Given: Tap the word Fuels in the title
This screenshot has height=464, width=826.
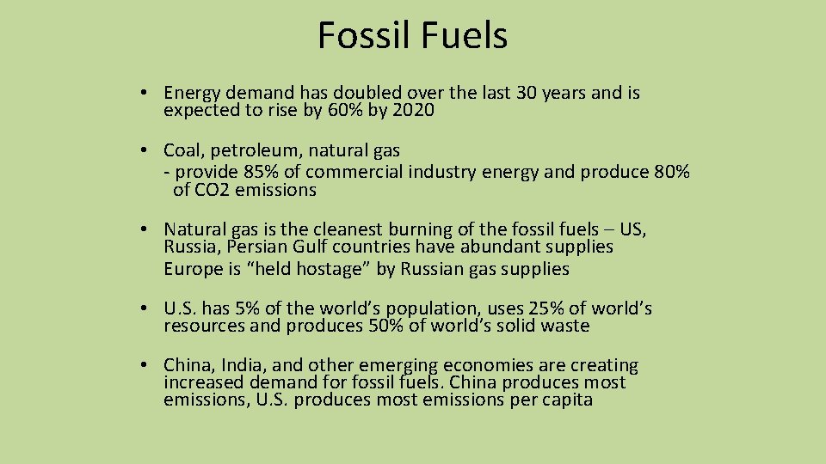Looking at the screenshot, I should [465, 36].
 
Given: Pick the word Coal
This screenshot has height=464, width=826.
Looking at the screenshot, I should [182, 151].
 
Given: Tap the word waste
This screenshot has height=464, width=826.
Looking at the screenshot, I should [564, 326].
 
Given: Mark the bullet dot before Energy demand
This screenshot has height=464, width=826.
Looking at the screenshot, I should [149, 93].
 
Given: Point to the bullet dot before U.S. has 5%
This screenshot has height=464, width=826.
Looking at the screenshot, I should [149, 308].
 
